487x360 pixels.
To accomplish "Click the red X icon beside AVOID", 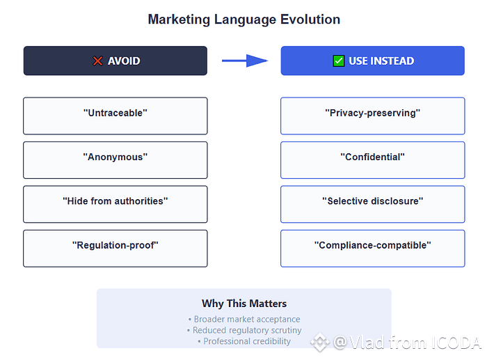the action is tap(97, 61).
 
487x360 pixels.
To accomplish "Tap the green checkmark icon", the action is tap(339, 61).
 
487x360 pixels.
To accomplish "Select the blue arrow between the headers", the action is tap(245, 61).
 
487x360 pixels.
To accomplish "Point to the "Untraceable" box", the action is tap(115, 116).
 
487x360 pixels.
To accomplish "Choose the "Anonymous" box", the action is tap(115, 160).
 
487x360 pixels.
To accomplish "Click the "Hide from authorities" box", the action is tap(115, 204).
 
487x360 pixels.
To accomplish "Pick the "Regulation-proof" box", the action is tap(115, 249).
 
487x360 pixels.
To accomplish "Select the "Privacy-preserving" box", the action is tap(373, 116).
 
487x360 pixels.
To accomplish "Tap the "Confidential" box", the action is tap(373, 160).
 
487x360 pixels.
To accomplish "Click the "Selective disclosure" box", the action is tap(373, 204).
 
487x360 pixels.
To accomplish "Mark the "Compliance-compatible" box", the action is tap(373, 249).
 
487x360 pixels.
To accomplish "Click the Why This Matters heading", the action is tap(244, 304).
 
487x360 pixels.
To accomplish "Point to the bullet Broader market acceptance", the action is tap(244, 320).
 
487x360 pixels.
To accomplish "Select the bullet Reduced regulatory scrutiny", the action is tap(244, 330).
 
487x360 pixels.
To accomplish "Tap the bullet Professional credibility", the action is tap(244, 341).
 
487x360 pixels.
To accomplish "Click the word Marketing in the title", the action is tap(179, 19).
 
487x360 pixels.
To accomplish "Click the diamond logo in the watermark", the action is tap(320, 343).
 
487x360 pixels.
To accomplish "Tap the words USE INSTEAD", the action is tap(381, 61).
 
